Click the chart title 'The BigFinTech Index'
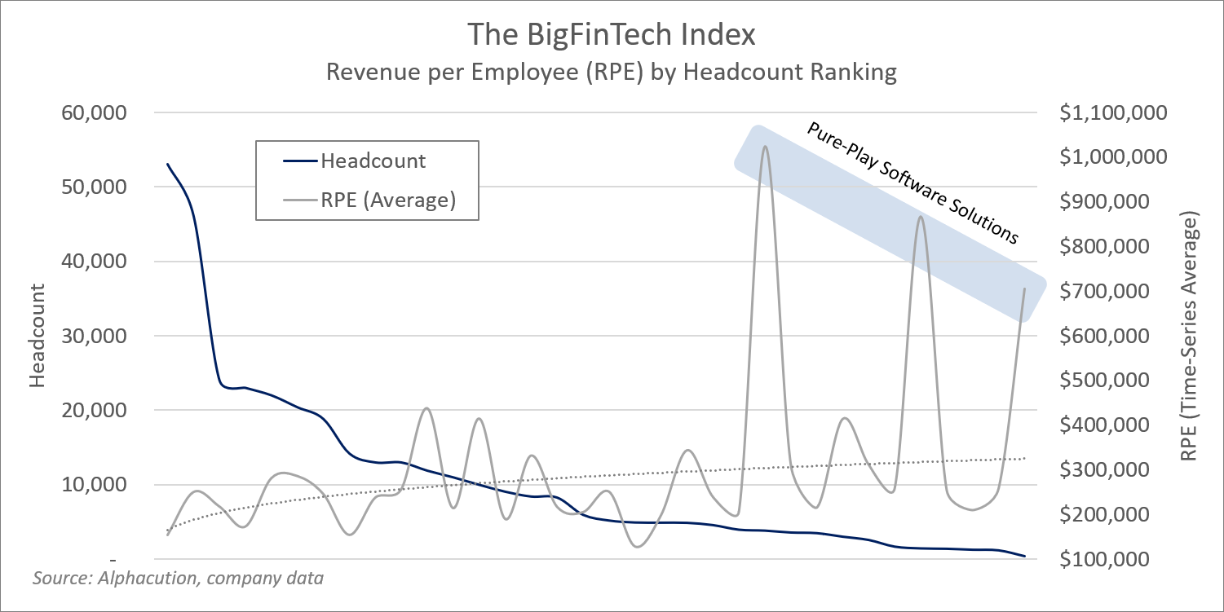coord(612,36)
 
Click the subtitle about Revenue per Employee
coord(612,73)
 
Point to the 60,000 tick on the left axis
coord(95,112)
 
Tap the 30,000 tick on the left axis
coord(95,336)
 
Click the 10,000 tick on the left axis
coord(95,485)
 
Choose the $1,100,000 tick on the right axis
coord(1114,112)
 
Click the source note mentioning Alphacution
coord(178,579)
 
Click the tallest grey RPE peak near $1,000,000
coord(765,147)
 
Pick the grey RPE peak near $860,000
coord(921,217)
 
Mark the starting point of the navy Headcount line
coord(168,164)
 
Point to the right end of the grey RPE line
coord(1024,289)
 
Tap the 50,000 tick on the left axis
coord(95,187)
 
